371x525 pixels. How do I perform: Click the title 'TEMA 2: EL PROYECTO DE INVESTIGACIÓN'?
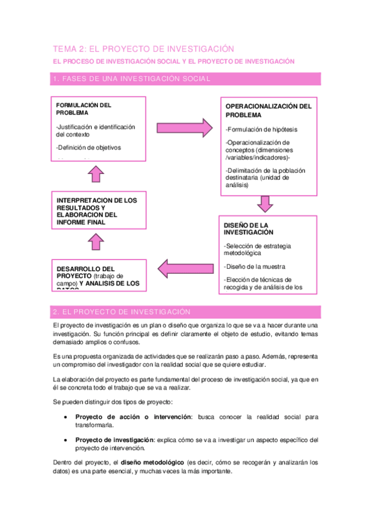(x=143, y=48)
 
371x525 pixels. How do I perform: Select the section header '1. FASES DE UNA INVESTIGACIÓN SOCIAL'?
(x=131, y=79)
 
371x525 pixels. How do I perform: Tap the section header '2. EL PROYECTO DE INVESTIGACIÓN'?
(x=121, y=312)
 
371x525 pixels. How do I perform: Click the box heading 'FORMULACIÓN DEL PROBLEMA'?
(x=84, y=109)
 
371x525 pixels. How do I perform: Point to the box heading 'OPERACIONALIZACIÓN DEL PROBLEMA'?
(x=268, y=110)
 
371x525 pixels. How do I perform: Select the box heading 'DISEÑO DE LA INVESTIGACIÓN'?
(x=248, y=228)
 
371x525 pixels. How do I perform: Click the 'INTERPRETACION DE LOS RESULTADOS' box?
(x=96, y=211)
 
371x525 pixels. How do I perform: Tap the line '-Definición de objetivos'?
(x=89, y=147)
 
